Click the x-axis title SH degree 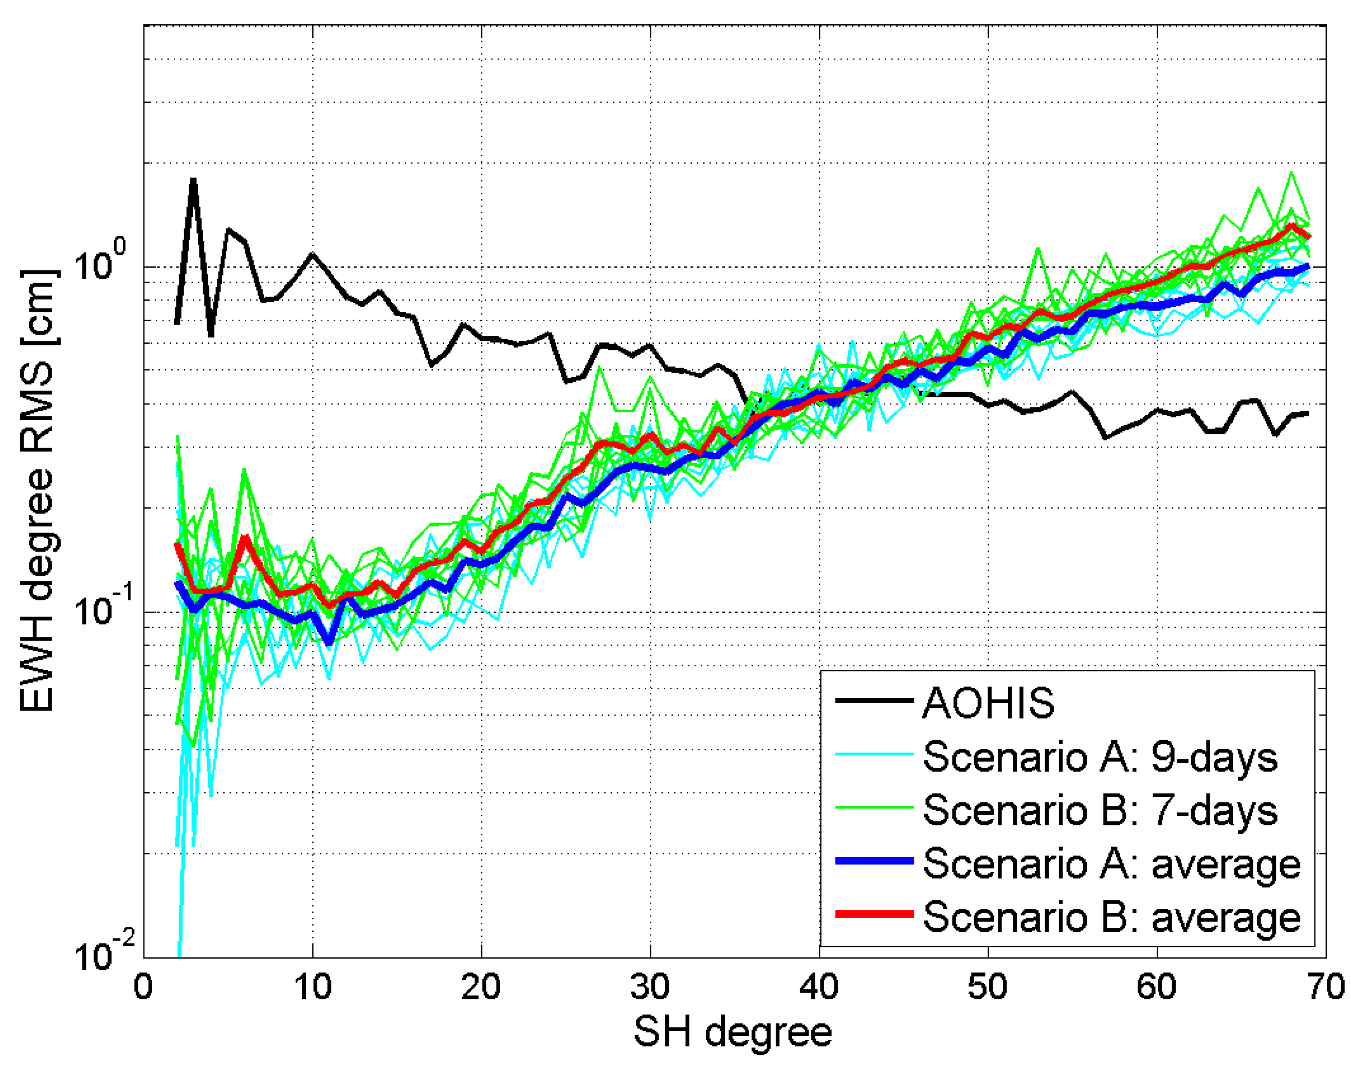click(733, 1032)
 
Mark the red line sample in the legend click(874, 914)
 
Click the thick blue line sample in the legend click(874, 861)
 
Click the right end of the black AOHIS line click(1308, 413)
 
